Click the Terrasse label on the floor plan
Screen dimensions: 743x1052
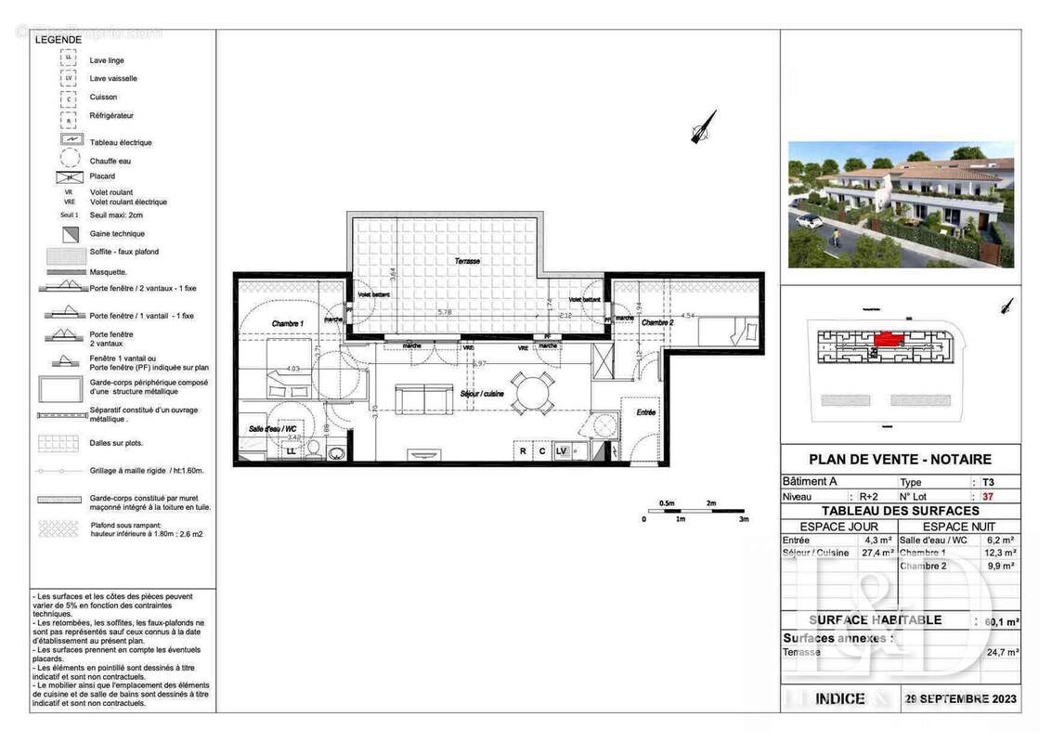click(468, 261)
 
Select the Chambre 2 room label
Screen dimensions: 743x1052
click(656, 322)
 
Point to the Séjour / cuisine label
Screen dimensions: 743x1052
click(483, 395)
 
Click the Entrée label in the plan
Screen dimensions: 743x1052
click(645, 412)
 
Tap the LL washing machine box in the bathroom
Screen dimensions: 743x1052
click(291, 450)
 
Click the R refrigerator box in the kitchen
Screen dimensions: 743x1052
click(523, 451)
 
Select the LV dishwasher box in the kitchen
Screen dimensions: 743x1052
click(561, 451)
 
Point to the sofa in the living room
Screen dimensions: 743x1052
click(423, 399)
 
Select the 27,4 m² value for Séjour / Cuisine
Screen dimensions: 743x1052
click(877, 553)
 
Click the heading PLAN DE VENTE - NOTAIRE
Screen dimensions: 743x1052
click(900, 459)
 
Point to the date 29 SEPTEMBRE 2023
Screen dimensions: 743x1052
click(961, 698)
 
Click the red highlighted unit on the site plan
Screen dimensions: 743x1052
click(889, 340)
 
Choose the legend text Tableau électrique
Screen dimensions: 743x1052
click(121, 142)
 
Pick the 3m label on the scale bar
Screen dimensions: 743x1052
click(743, 519)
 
